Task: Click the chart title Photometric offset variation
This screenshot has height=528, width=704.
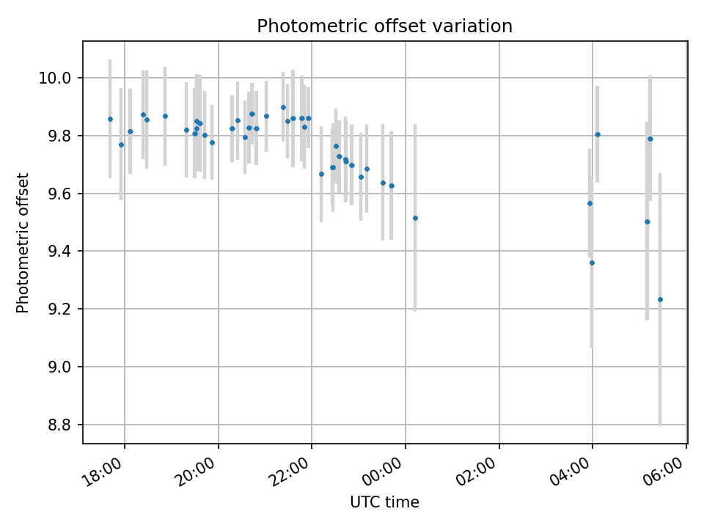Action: tap(384, 26)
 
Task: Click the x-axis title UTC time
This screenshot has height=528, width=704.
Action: tap(384, 502)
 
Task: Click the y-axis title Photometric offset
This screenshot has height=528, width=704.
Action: tap(23, 243)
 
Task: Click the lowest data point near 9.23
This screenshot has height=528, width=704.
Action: tap(660, 299)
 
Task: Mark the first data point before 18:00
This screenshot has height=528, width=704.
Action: tap(110, 119)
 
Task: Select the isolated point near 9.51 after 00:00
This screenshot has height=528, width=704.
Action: tap(415, 218)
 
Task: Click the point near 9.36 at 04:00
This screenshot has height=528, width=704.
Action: tap(592, 263)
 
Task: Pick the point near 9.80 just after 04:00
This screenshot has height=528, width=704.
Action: tap(598, 134)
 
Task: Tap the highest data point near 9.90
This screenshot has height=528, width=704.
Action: tap(283, 107)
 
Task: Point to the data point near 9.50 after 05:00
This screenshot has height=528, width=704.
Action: tap(647, 221)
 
